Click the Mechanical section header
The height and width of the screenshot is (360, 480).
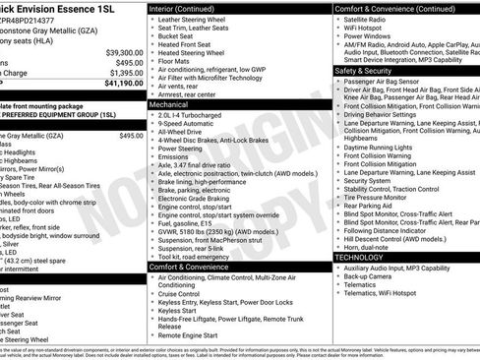pos(169,102)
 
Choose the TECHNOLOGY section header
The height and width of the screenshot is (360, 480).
pos(366,257)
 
